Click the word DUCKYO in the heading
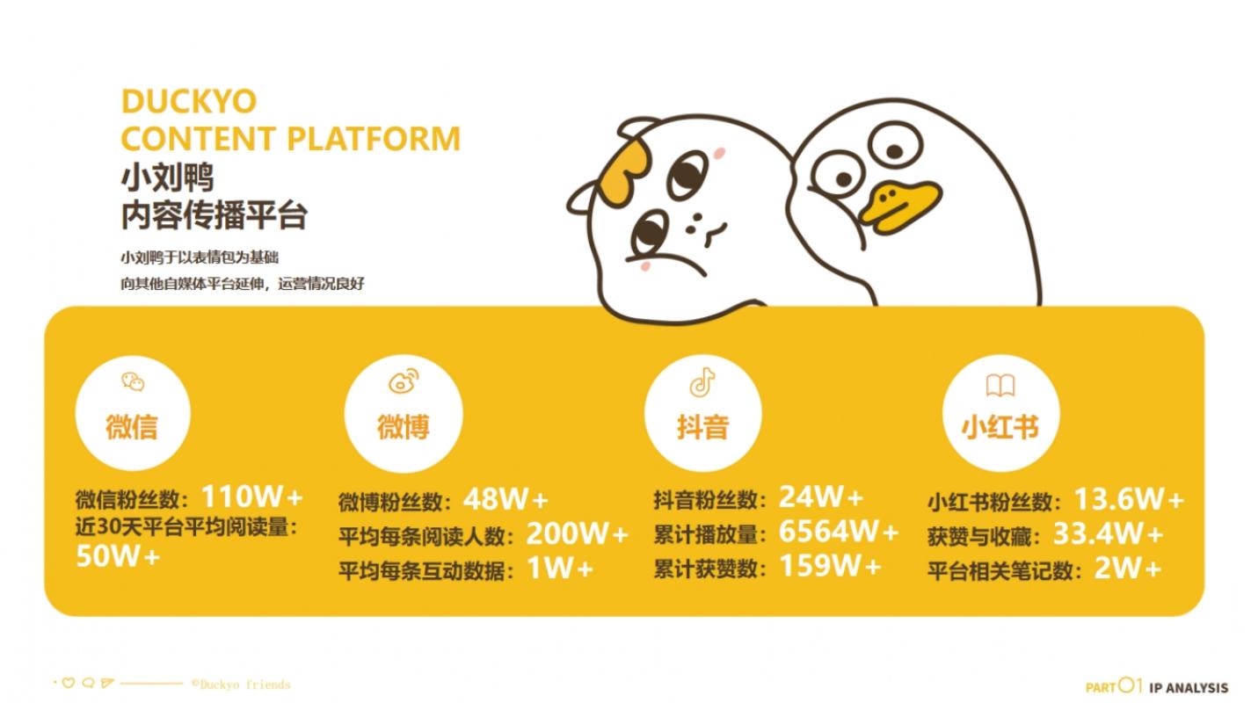pyautogui.click(x=189, y=101)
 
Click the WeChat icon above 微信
pyautogui.click(x=133, y=382)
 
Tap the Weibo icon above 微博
pyautogui.click(x=404, y=380)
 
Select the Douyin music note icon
pyautogui.click(x=702, y=382)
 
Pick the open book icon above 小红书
pyautogui.click(x=1000, y=385)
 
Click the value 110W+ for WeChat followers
pyautogui.click(x=252, y=496)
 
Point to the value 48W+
pyautogui.click(x=506, y=499)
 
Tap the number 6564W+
pyautogui.click(x=839, y=531)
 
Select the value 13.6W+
pyautogui.click(x=1129, y=498)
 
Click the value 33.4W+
pyautogui.click(x=1108, y=533)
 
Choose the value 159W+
pyautogui.click(x=831, y=565)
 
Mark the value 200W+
pyautogui.click(x=578, y=533)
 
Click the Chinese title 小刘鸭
pyautogui.click(x=168, y=178)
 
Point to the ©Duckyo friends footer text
pyautogui.click(x=241, y=685)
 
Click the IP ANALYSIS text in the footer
pyautogui.click(x=1189, y=688)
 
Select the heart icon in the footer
pyautogui.click(x=69, y=683)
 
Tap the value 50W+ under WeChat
pyautogui.click(x=118, y=556)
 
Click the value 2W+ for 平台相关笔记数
pyautogui.click(x=1127, y=569)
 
